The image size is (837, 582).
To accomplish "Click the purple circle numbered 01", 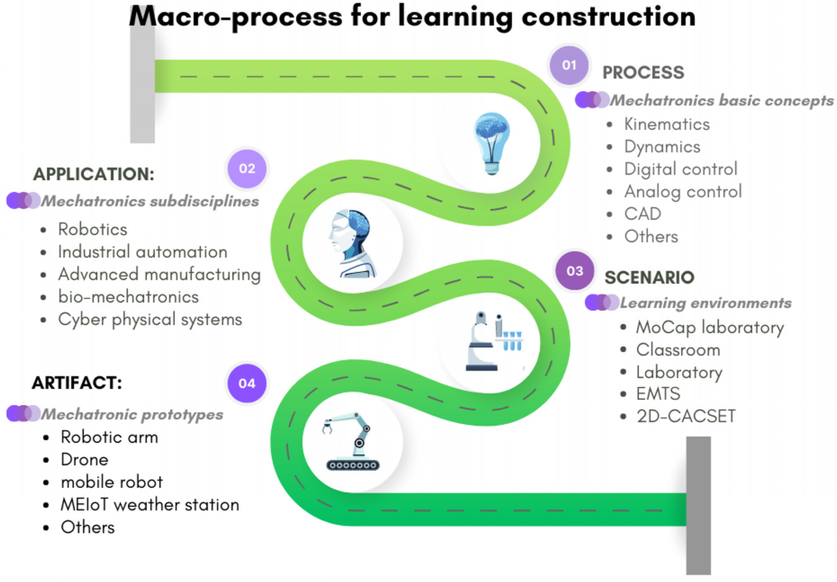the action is coord(569,65).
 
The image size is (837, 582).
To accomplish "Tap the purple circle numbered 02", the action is coord(247,168).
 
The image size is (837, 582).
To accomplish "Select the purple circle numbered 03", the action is coord(575,271).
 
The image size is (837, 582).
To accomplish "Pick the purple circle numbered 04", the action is coord(247,383).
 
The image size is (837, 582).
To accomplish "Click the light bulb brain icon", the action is coord(491,143).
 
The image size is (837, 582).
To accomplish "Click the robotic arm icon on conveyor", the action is coord(352,441).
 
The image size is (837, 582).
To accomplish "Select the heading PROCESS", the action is coord(643,72).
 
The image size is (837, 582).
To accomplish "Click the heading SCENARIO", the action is coord(649,277).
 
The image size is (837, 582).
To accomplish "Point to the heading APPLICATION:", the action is coord(94,174).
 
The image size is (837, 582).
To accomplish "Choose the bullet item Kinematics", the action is coord(667,124).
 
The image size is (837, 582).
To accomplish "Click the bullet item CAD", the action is coord(642,214).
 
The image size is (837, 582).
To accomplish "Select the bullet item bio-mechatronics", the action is coord(128,297).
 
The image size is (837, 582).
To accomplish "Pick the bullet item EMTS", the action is coord(658,394).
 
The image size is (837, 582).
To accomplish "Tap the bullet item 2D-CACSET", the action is coord(686,416).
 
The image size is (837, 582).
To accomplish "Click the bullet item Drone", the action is coord(84,460).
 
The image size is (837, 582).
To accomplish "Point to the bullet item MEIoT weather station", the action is coord(150,505).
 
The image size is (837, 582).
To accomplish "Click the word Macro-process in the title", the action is coord(235,17).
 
